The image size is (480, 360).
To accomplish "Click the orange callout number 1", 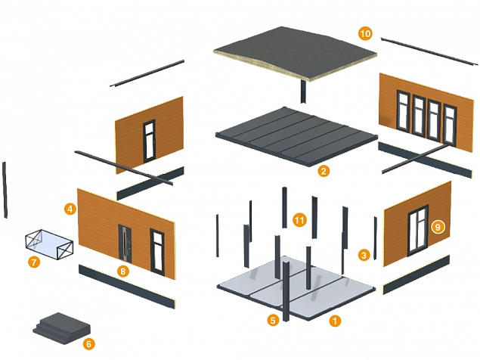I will (333, 320).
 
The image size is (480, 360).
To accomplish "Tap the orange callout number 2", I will (323, 171).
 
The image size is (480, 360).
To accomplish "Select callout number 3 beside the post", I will (364, 255).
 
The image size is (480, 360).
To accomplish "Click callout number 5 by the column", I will (273, 320).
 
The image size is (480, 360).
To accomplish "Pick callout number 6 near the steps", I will (88, 343).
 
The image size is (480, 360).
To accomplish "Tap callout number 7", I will (34, 262).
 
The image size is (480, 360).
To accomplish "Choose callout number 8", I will (122, 268).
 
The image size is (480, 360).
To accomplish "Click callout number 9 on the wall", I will (437, 226).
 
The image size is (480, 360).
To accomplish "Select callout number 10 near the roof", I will (365, 34).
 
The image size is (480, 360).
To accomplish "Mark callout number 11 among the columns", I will (299, 220).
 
